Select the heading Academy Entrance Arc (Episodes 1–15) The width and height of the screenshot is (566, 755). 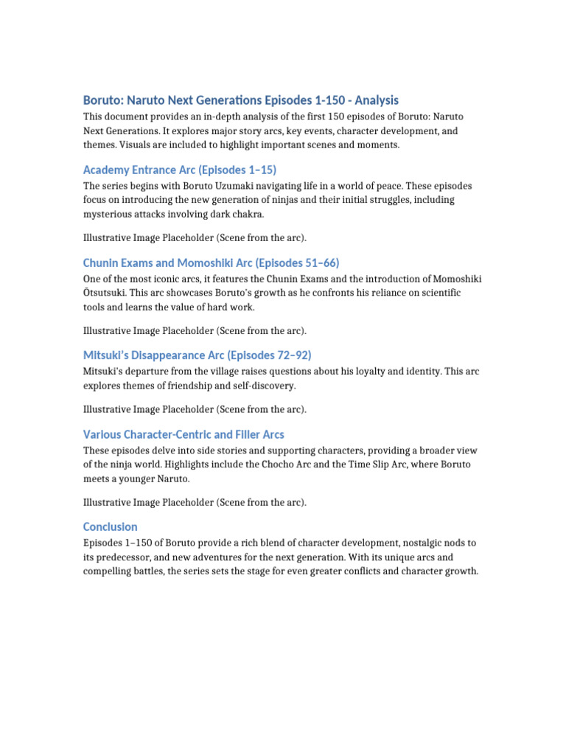(x=180, y=170)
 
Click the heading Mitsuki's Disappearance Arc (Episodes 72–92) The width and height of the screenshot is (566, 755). (x=192, y=355)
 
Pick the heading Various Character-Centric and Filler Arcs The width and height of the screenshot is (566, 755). (x=184, y=434)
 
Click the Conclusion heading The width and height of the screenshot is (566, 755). (x=111, y=526)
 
